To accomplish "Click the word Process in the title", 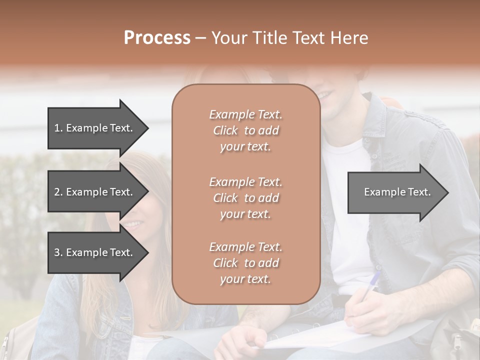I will coord(157,38).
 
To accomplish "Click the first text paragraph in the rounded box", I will coord(245,130).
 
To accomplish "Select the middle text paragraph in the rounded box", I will coord(245,198).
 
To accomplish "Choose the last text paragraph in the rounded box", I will coord(245,263).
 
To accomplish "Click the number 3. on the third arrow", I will coord(58,252).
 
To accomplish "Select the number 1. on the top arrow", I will coord(58,128).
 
